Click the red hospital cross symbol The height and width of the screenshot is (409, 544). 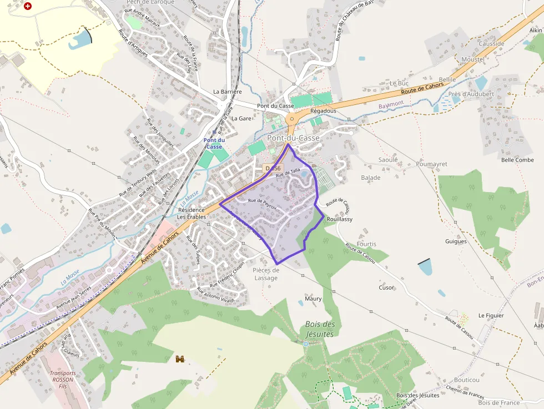click(x=28, y=6)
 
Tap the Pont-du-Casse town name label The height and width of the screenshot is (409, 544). click(x=293, y=138)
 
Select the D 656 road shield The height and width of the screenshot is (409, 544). click(x=273, y=168)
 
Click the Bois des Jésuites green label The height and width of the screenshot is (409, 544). click(x=320, y=329)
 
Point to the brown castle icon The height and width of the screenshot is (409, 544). click(x=180, y=359)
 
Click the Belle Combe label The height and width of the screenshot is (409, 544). click(x=517, y=160)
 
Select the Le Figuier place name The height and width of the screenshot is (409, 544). click(x=491, y=315)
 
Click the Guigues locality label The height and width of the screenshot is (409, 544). click(x=456, y=241)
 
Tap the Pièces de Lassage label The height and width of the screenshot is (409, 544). click(x=265, y=274)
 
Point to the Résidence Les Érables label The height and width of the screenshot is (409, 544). click(x=192, y=213)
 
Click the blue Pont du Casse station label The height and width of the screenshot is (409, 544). click(x=214, y=143)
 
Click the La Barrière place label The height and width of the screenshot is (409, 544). click(x=228, y=92)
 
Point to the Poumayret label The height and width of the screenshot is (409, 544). click(x=431, y=164)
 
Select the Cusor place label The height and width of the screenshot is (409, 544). click(x=386, y=287)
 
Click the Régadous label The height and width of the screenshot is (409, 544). click(x=323, y=111)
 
